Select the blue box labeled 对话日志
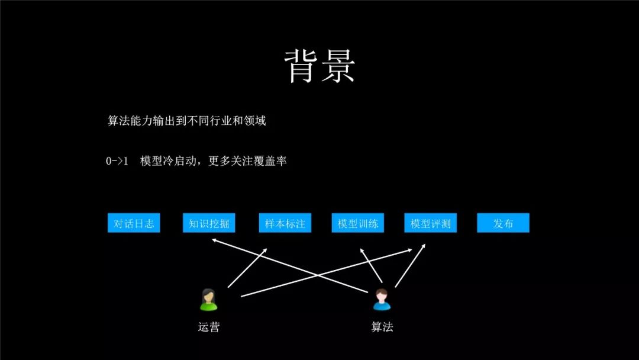tap(134, 223)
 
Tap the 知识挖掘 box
tap(209, 223)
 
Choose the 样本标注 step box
tap(285, 223)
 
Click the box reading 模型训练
tap(357, 223)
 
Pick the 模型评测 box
tap(431, 223)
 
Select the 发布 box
tap(503, 223)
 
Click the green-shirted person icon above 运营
tap(208, 300)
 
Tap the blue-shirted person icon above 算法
tap(382, 300)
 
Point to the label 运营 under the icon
tap(208, 326)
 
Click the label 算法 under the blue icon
tap(382, 326)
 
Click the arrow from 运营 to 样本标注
tap(247, 268)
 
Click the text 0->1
tap(117, 161)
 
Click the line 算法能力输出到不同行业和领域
tap(186, 121)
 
